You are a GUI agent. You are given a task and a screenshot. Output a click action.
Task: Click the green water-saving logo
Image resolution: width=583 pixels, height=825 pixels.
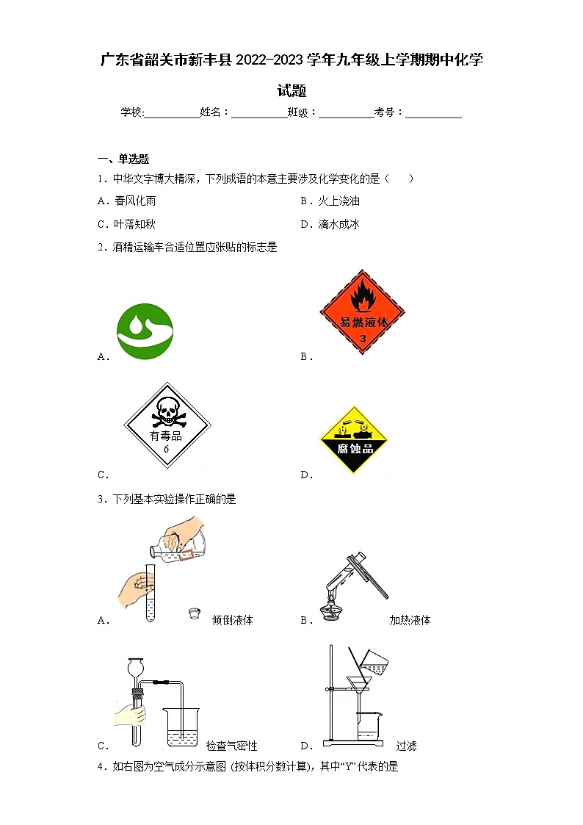(145, 331)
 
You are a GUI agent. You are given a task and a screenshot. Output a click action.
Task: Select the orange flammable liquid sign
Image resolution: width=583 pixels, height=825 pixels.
(362, 311)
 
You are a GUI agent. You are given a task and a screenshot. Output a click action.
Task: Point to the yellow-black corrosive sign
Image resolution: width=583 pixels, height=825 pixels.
(354, 439)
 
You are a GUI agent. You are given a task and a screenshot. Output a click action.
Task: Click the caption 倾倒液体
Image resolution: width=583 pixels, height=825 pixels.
(232, 620)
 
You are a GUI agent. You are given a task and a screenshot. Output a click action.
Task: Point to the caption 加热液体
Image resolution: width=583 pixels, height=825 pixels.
(410, 620)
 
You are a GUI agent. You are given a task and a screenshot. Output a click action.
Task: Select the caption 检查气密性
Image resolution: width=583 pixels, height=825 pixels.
(231, 746)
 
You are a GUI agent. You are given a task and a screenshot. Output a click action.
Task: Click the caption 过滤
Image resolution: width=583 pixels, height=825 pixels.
(406, 746)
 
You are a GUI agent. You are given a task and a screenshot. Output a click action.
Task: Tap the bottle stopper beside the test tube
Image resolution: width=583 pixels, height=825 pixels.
(194, 613)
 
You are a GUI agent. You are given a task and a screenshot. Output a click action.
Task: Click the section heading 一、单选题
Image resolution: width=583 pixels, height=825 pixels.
(123, 159)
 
